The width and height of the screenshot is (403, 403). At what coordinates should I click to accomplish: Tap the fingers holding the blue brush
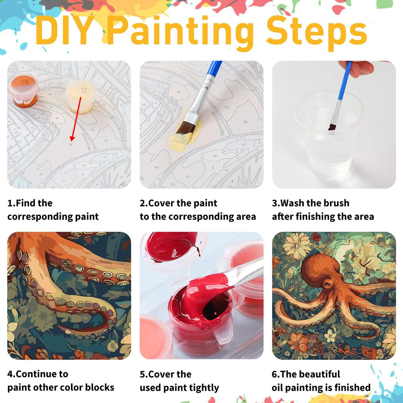[x=362, y=68]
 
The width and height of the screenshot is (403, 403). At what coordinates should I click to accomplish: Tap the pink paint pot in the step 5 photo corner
[x=154, y=335]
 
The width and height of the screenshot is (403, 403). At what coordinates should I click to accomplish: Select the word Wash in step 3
[x=293, y=203]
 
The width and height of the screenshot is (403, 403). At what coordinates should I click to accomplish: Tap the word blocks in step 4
[x=100, y=387]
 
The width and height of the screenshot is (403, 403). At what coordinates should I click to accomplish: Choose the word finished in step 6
[x=352, y=387]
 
